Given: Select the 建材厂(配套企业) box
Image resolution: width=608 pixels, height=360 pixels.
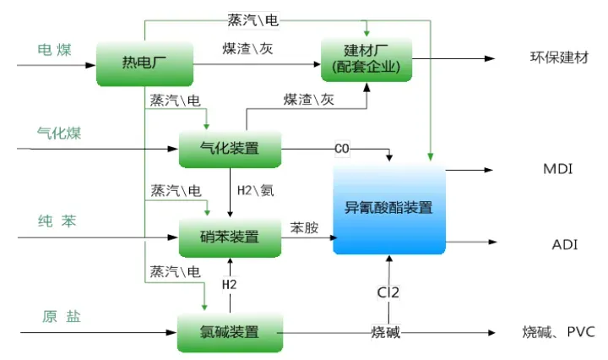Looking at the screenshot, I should [366, 59].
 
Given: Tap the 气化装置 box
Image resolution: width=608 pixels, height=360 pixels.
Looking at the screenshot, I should [230, 150].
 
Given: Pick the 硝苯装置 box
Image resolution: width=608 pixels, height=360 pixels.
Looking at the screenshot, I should [230, 236].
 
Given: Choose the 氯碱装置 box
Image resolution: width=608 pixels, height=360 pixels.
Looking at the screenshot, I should [230, 330].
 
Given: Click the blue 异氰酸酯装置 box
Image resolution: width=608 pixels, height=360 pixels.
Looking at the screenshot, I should [389, 207].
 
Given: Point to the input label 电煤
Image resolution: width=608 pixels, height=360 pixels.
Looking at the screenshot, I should [55, 50].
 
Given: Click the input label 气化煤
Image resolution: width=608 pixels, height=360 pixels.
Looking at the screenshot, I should [58, 134].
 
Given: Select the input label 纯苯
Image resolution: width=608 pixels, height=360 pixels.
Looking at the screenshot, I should [56, 221].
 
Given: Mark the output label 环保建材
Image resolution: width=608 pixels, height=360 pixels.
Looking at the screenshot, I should [558, 58].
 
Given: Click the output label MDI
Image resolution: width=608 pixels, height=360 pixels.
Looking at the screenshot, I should [558, 170].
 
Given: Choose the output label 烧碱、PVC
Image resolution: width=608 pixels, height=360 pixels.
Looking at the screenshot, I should [559, 332].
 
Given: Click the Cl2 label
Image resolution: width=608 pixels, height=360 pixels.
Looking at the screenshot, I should [388, 292].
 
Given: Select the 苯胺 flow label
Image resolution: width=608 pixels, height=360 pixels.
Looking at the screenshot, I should [305, 228].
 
